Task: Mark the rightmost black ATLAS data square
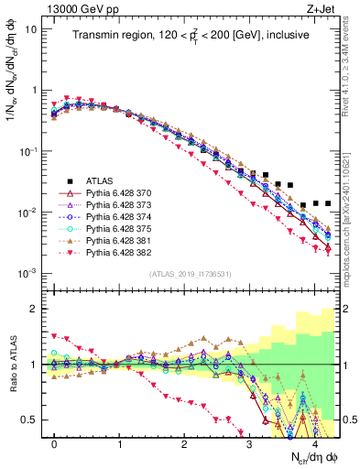click(x=327, y=203)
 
